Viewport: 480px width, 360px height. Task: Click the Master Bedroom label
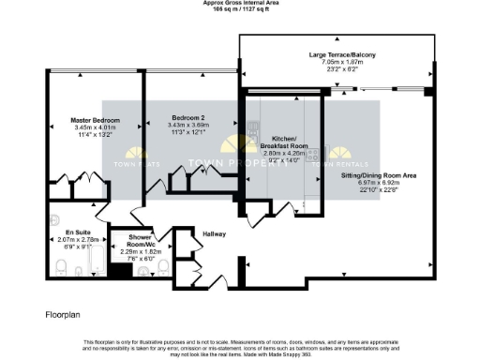click(95, 120)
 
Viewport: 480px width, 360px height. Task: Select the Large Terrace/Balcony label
click(342, 55)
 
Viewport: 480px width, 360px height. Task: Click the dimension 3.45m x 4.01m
click(95, 127)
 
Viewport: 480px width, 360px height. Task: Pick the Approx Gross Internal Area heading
click(240, 3)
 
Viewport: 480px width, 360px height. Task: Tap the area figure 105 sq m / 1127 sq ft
click(240, 9)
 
